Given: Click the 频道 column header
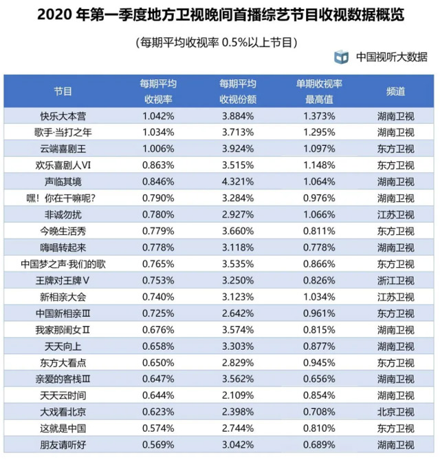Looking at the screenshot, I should coord(391,91).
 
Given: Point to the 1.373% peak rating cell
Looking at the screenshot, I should coord(320,116).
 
